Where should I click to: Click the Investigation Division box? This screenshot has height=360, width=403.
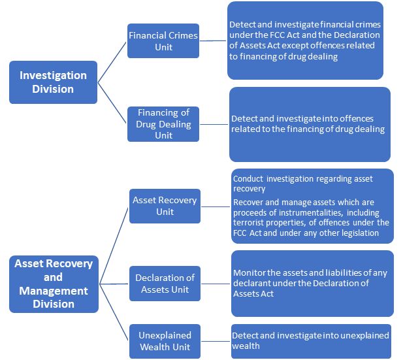pyautogui.click(x=53, y=82)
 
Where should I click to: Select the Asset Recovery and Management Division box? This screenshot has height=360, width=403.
pyautogui.click(x=53, y=284)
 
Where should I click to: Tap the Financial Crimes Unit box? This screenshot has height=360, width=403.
pyautogui.click(x=163, y=41)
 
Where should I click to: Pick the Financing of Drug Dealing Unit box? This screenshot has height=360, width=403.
pyautogui.click(x=163, y=123)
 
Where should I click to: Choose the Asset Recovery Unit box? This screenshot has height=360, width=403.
pyautogui.click(x=165, y=206)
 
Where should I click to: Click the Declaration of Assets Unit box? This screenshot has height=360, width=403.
pyautogui.click(x=165, y=284)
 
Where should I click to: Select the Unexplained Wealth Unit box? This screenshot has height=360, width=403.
pyautogui.click(x=165, y=341)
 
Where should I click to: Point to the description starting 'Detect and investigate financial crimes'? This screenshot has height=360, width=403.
pyautogui.click(x=305, y=41)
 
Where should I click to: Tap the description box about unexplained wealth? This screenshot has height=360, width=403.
pyautogui.click(x=311, y=340)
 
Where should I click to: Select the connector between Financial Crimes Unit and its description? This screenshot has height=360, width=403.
pyautogui.click(x=213, y=41)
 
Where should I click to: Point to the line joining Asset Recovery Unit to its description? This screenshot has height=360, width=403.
pyautogui.click(x=215, y=206)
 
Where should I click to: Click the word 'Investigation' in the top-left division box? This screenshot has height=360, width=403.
pyautogui.click(x=53, y=75)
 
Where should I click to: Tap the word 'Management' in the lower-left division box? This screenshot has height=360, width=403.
pyautogui.click(x=53, y=290)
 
